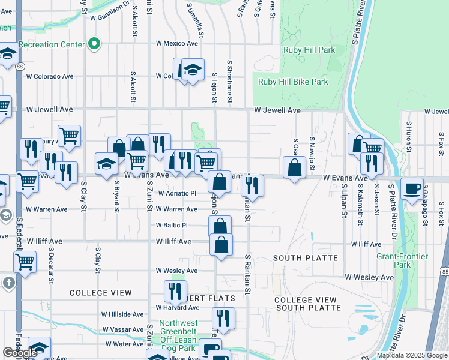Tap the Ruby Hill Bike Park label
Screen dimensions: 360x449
(293, 82)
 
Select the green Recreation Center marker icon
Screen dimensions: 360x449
(94, 44)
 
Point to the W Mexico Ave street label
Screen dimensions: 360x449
(177, 44)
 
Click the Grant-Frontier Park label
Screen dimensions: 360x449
(402, 260)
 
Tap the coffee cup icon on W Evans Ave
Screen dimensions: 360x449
(412, 188)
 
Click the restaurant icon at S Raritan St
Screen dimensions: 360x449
(253, 185)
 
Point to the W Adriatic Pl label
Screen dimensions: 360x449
(177, 194)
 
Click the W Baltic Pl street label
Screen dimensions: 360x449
(172, 226)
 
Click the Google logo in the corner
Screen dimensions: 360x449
(20, 353)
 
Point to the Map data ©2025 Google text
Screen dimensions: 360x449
(412, 355)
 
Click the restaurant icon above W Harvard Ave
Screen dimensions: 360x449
(175, 291)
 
